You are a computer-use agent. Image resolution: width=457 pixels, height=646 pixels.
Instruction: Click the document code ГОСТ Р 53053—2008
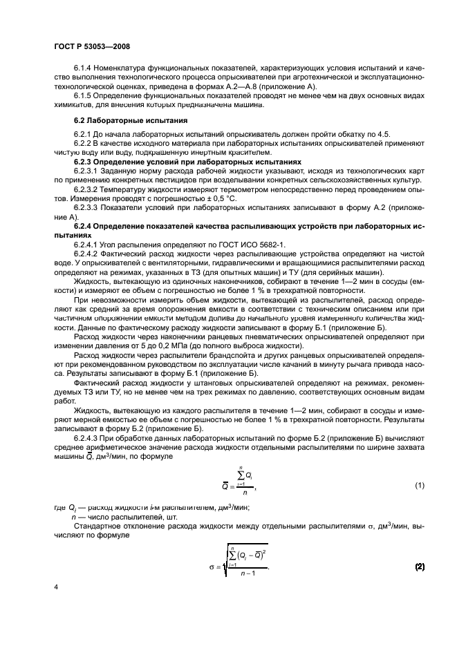pyautogui.click(x=91, y=46)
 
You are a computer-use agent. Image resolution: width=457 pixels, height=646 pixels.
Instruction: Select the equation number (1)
pyautogui.click(x=420, y=485)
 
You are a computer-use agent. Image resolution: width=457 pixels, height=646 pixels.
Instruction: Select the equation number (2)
pyautogui.click(x=419, y=567)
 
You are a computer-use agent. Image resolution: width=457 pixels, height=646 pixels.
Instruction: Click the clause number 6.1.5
pyautogui.click(x=84, y=95)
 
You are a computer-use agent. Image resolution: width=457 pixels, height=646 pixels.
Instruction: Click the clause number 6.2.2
pyautogui.click(x=84, y=143)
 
